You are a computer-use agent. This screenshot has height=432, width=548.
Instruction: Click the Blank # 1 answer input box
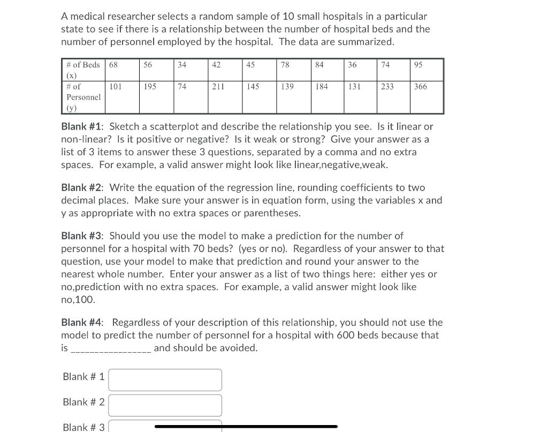coord(165,380)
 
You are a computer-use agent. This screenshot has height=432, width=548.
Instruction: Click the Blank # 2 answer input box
coord(165,405)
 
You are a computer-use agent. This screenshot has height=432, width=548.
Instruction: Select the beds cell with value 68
coord(113,65)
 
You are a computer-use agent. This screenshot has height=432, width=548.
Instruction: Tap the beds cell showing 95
coord(418,65)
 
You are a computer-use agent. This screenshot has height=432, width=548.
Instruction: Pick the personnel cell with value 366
coord(421,86)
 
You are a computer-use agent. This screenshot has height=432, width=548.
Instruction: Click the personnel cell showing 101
coord(116,86)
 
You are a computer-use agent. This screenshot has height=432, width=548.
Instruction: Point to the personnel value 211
coord(218,86)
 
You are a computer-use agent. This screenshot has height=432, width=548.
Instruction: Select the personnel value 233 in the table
coord(387,86)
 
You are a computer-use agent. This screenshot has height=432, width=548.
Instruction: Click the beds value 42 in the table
coord(216,65)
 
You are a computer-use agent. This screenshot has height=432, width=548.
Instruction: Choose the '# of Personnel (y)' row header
coord(83,97)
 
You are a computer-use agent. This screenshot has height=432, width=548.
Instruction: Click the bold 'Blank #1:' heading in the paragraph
coord(83,127)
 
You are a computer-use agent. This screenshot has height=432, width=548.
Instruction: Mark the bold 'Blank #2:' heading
coord(83,188)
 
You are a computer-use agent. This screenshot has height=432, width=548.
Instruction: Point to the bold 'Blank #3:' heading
coord(83,236)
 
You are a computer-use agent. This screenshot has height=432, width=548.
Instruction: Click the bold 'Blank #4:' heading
coord(83,323)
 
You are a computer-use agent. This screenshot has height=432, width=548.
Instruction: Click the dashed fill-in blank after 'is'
coord(111,349)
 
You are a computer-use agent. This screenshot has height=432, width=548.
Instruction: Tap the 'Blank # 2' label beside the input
coord(83,402)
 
